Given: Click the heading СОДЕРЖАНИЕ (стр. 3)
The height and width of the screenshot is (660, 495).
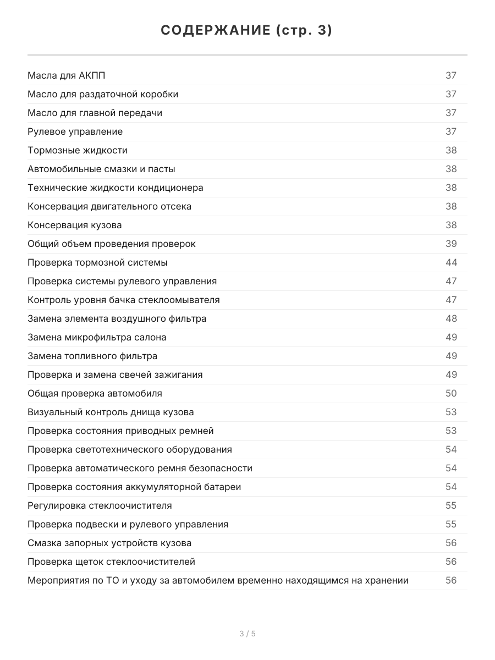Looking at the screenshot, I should (247, 31).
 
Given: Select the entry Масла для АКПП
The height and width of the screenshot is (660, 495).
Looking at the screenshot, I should (66, 75).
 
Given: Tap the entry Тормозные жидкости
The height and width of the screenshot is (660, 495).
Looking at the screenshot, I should (78, 150).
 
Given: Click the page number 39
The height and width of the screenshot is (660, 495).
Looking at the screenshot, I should (451, 244).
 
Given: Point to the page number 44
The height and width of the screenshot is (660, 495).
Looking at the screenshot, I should (451, 262).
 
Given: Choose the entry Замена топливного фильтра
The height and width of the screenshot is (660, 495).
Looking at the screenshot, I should (92, 356).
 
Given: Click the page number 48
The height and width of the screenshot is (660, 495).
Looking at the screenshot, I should (451, 318).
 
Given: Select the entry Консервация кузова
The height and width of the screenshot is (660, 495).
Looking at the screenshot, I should (75, 225).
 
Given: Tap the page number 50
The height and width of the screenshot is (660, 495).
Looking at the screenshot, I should (451, 393).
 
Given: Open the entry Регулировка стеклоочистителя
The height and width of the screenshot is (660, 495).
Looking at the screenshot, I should (100, 505).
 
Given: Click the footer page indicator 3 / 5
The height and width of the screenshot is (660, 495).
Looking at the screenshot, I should (248, 634).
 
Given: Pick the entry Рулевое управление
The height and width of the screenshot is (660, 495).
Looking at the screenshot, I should (75, 131).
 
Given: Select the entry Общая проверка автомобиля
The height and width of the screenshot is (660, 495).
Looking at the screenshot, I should (95, 393).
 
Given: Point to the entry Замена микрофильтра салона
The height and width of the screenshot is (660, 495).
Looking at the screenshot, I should (97, 337).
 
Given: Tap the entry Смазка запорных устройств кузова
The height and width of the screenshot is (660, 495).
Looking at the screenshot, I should (109, 543).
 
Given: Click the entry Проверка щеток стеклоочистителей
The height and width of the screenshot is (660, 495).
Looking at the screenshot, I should (111, 562).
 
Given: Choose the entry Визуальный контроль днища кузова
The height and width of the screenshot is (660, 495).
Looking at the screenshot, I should (111, 412).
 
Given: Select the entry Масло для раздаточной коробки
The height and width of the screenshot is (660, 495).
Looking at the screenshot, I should (103, 94).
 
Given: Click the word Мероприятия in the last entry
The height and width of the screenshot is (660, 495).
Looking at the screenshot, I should (57, 580).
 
